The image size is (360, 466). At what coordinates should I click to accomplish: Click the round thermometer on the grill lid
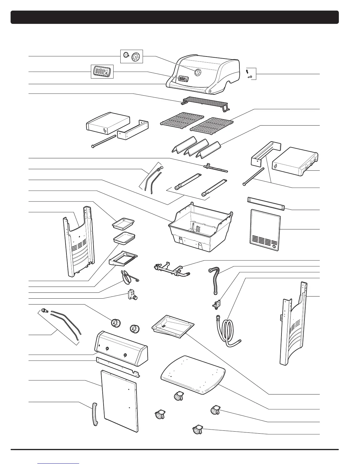[x=198, y=72]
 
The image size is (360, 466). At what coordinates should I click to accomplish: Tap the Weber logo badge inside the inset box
[x=101, y=71]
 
